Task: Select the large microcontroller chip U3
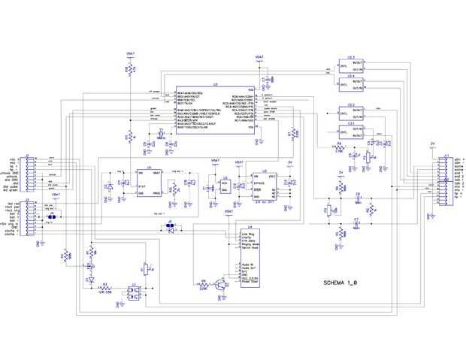point(215,110)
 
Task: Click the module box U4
point(249,259)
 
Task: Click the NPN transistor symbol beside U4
point(220,284)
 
